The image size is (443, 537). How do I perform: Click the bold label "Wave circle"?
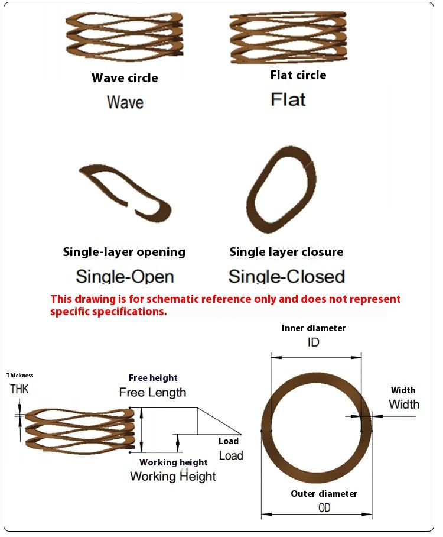click(125, 77)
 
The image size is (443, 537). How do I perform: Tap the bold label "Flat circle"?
click(298, 75)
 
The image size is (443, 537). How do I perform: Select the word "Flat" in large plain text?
click(288, 99)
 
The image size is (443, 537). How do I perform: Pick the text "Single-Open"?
click(125, 276)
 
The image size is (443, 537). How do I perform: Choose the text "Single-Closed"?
click(286, 276)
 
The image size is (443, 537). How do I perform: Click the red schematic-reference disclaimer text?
click(225, 305)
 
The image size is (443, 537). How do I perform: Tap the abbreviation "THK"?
click(19, 389)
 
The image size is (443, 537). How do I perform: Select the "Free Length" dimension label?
click(152, 392)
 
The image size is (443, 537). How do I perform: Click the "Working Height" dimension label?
click(173, 476)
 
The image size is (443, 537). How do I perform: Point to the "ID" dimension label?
click(314, 342)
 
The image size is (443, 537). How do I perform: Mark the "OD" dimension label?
click(324, 507)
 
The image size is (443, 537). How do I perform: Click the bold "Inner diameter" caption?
click(314, 328)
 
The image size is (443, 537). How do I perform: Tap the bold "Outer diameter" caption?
click(324, 494)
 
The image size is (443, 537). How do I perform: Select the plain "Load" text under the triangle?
click(231, 455)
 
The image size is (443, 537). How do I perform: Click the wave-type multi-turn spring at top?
click(124, 37)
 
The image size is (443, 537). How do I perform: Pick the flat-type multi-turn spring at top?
click(288, 37)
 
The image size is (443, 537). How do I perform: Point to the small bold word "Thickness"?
click(20, 375)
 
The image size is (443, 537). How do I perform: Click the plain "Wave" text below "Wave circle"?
click(125, 102)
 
